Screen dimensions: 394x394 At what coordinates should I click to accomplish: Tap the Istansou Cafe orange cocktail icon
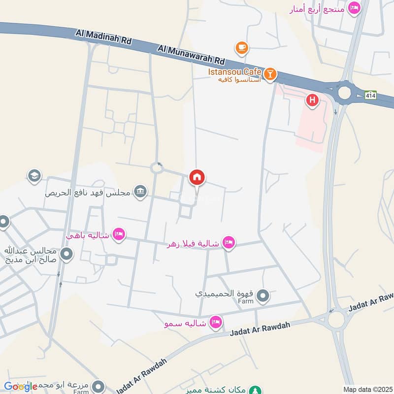270,74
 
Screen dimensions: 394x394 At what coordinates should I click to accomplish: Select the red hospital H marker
311,101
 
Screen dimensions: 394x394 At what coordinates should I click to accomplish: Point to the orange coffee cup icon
241,47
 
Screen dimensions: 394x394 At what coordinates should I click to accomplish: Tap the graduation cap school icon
34,176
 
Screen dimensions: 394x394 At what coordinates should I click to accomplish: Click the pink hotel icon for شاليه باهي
118,234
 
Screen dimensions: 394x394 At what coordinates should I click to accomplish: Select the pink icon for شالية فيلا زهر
228,242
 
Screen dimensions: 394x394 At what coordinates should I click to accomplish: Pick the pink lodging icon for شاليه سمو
215,323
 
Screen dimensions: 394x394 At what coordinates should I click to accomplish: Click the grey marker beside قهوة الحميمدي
263,295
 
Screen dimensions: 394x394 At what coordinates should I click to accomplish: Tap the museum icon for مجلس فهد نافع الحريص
141,192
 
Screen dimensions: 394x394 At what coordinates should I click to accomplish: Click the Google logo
21,387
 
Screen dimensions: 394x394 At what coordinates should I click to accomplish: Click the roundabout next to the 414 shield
343,92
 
